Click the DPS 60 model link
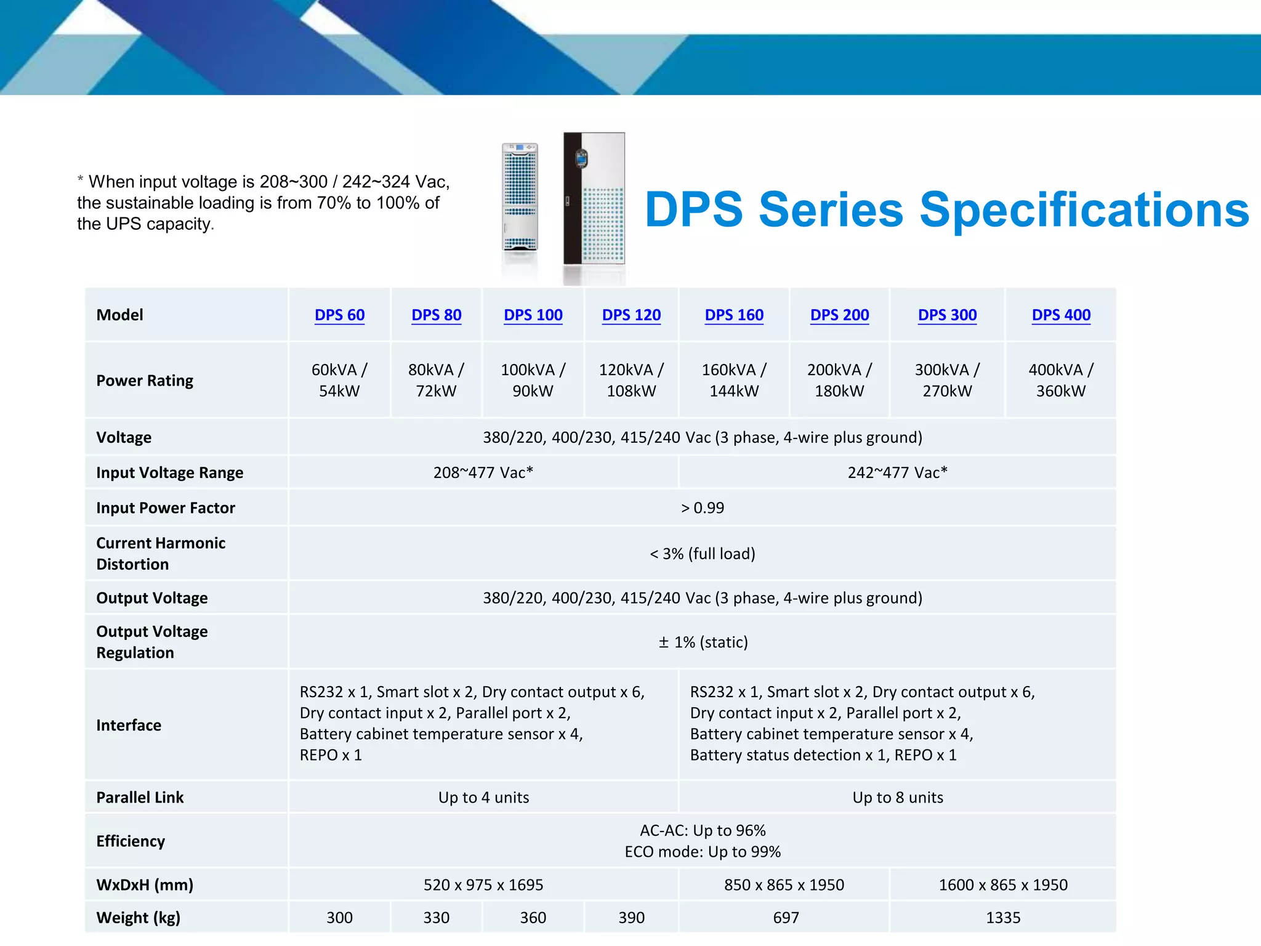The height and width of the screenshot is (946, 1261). pos(339,315)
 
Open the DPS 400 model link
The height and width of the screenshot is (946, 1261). pos(1061,315)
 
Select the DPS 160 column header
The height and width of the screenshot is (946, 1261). pos(734,315)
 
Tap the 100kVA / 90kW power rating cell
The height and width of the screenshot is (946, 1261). pos(533,380)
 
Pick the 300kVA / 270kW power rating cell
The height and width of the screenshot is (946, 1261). pos(947,380)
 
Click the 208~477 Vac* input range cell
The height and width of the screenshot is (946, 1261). pos(483,472)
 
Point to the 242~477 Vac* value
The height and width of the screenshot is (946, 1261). pos(897,472)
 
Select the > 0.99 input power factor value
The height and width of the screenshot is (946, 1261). pos(703,508)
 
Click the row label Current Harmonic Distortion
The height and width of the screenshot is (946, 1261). pos(161,553)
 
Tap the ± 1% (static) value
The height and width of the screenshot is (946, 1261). pos(703,642)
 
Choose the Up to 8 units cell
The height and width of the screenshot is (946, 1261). pos(897,798)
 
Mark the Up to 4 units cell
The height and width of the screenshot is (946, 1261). pos(483,798)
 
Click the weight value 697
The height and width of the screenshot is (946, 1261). pos(786,918)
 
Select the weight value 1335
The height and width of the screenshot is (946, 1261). pos(1003,918)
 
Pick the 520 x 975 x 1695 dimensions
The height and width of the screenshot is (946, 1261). pos(483,885)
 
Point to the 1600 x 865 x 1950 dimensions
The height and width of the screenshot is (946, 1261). pos(1003,885)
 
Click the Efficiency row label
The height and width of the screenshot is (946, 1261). pos(131,841)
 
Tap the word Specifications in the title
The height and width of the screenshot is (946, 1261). pos(1084,210)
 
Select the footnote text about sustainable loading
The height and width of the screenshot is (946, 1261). pos(264,203)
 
